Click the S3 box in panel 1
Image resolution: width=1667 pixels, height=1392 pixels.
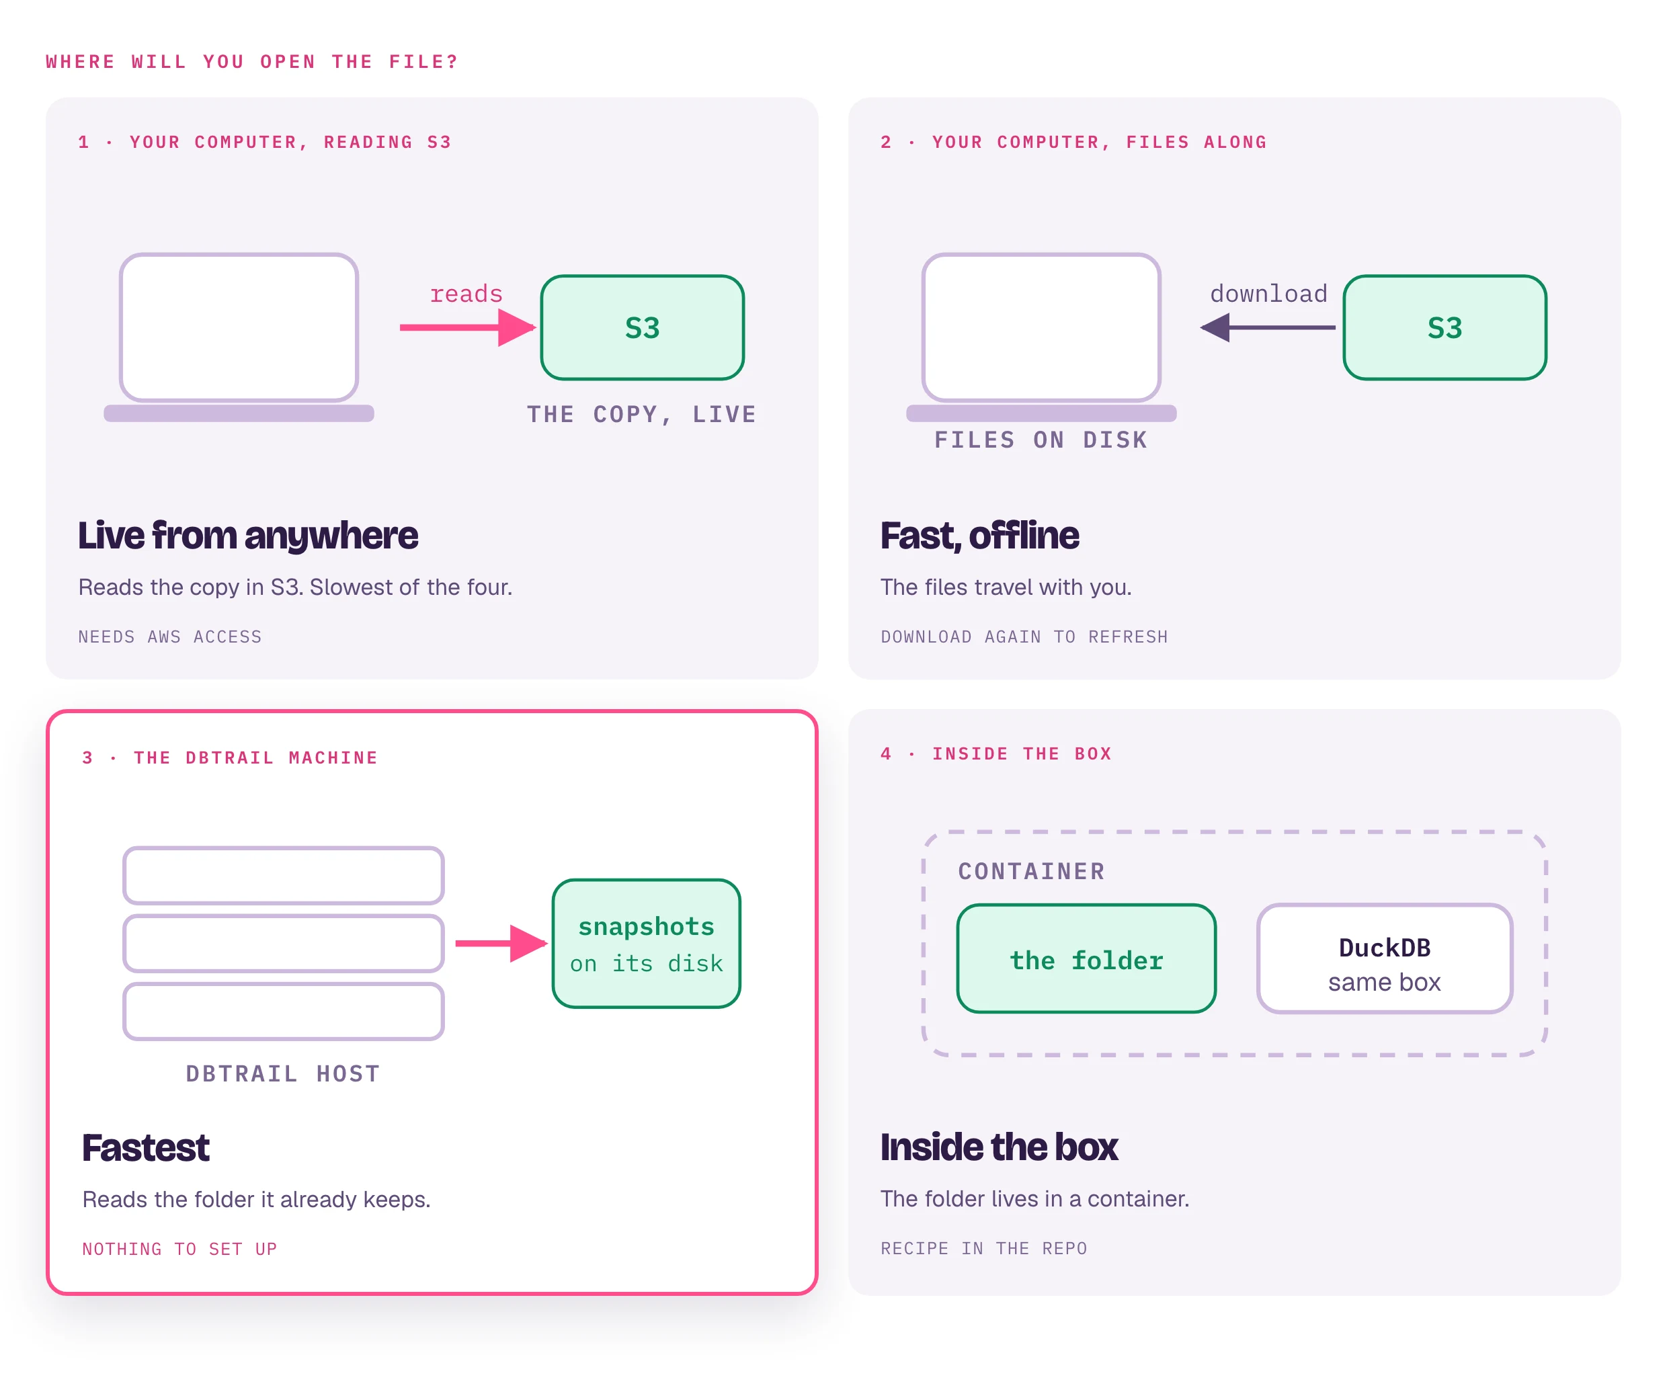[642, 328]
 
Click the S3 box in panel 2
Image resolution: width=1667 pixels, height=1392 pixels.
[1445, 328]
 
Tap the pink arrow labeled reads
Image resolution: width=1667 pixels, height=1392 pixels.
[469, 327]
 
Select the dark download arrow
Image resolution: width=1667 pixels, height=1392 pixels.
[1268, 327]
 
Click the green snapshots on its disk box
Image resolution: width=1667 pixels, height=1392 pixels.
[646, 944]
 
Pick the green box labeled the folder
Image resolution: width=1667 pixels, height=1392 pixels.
[1086, 958]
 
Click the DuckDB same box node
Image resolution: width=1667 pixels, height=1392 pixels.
[1385, 958]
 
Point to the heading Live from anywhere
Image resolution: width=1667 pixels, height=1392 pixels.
[247, 536]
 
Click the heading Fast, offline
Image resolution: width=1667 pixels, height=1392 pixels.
[979, 536]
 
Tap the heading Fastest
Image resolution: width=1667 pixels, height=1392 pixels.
[145, 1147]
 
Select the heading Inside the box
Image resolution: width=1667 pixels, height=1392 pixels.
[999, 1147]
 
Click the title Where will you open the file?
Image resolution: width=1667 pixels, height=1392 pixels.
[251, 62]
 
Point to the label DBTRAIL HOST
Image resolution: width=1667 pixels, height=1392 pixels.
[282, 1074]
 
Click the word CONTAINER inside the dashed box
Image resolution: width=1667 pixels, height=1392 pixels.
[1031, 871]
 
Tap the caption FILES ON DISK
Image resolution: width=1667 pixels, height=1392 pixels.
[1041, 440]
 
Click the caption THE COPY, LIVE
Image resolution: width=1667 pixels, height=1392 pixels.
[641, 414]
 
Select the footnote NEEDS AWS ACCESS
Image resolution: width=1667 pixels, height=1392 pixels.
[170, 637]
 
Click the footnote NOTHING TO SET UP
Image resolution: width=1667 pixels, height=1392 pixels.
[179, 1249]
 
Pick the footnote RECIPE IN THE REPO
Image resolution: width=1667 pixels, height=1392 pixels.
[983, 1248]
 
